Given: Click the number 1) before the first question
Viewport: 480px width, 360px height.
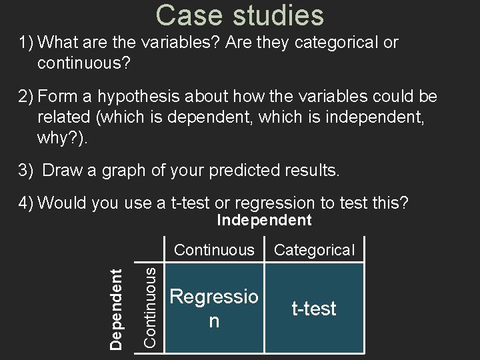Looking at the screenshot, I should coord(26,43).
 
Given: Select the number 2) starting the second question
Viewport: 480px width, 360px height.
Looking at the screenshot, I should coord(26,97).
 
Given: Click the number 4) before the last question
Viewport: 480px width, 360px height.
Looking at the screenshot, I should coord(26,203).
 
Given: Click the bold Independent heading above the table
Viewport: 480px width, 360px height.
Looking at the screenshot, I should coord(265,220).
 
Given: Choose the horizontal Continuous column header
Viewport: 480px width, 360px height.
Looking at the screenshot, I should coord(214,250).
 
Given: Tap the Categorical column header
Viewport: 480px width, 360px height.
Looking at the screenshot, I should coord(315,250).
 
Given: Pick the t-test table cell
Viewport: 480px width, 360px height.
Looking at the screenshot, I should coord(315,309).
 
